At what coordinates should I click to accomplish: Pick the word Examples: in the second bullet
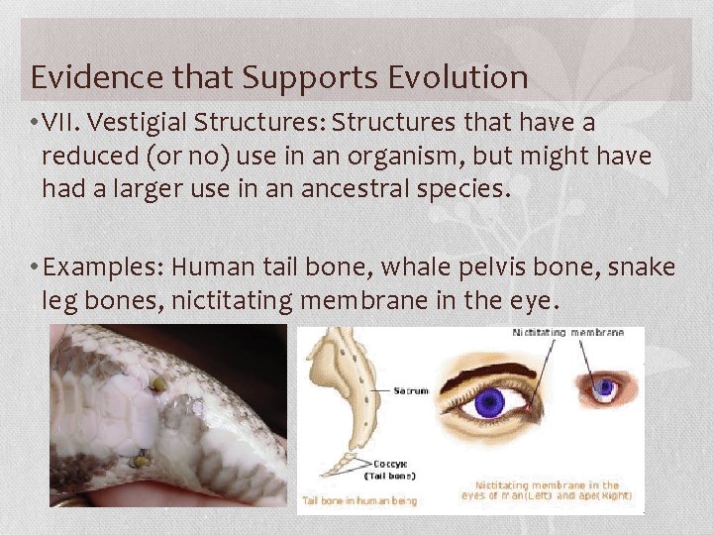[x=103, y=267]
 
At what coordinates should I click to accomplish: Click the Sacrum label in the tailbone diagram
[x=410, y=391]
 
